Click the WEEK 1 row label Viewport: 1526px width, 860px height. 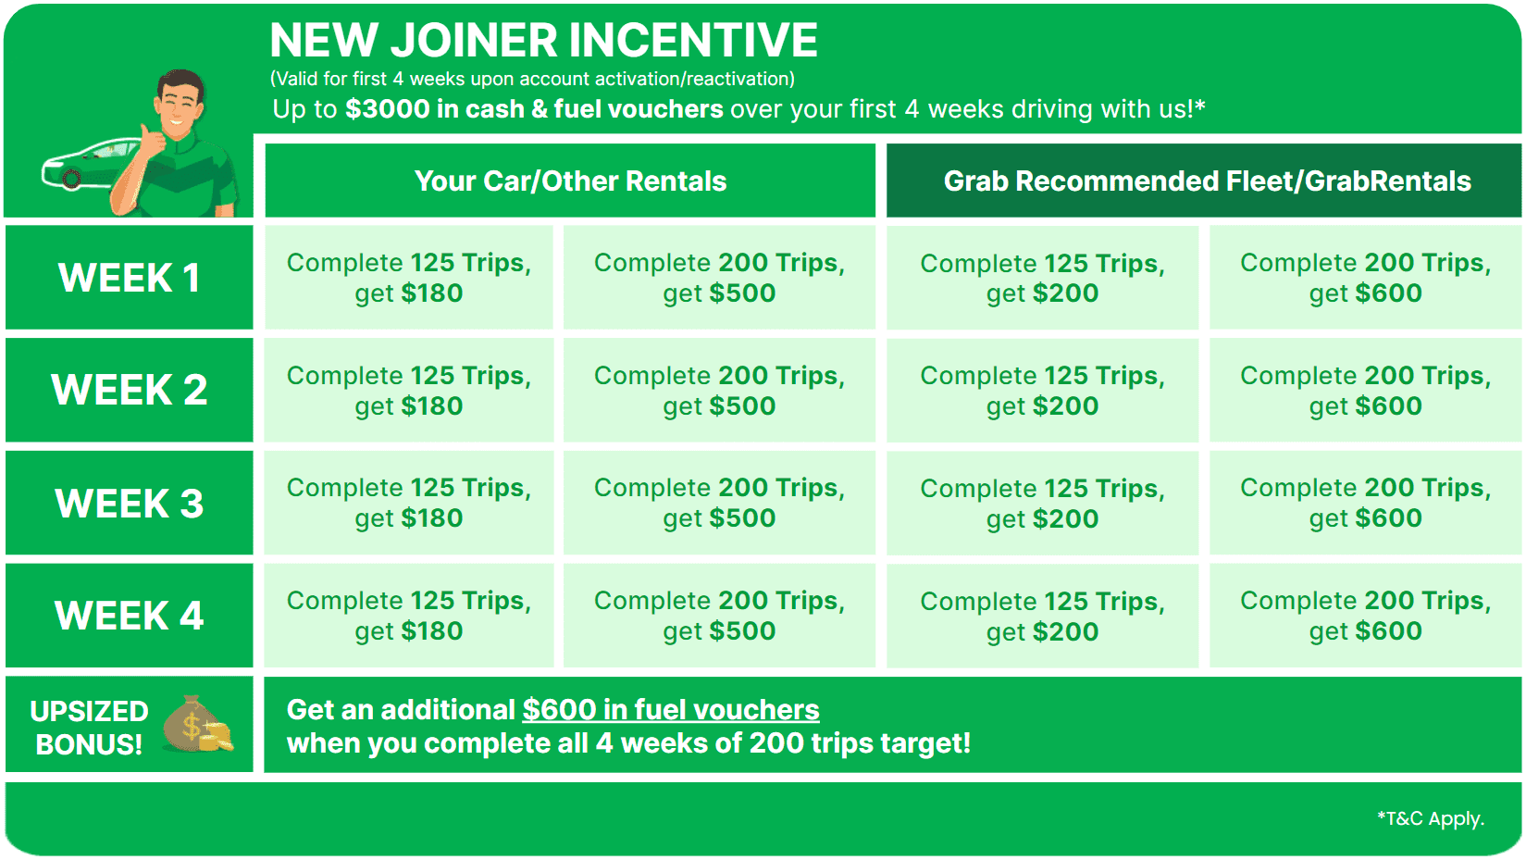(129, 278)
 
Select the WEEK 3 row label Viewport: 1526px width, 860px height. (129, 504)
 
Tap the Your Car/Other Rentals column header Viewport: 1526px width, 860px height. (570, 181)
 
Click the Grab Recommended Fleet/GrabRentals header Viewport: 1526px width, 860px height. (1207, 181)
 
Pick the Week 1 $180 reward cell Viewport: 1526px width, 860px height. (409, 278)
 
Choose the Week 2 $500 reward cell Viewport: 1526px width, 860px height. (719, 391)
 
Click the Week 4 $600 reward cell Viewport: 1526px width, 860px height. (1365, 616)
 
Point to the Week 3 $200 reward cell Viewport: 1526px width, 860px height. (1042, 504)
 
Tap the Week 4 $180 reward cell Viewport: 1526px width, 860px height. (409, 616)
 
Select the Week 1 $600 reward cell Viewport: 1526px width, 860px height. (1365, 278)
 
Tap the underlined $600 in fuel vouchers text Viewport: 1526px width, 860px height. (671, 710)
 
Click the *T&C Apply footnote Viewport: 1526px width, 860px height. (1431, 818)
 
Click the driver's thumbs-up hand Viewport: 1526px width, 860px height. (153, 139)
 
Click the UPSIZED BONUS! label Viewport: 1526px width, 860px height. (89, 727)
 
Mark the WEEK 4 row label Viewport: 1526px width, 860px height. (129, 616)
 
